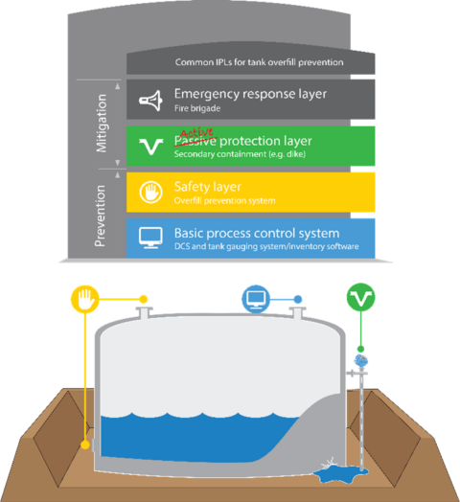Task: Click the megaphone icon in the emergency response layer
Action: click(x=150, y=99)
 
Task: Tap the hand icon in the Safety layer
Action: click(x=150, y=192)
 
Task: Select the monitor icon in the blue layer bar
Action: click(x=150, y=238)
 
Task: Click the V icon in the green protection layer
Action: click(x=150, y=146)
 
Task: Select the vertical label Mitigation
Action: click(x=103, y=124)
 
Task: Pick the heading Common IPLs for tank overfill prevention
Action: click(x=259, y=63)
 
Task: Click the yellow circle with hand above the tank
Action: click(x=84, y=299)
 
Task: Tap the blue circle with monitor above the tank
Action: click(x=256, y=299)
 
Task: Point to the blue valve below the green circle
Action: click(x=360, y=360)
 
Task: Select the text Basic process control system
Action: click(x=256, y=233)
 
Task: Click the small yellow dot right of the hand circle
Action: click(x=143, y=299)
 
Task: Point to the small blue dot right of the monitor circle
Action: click(x=298, y=299)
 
